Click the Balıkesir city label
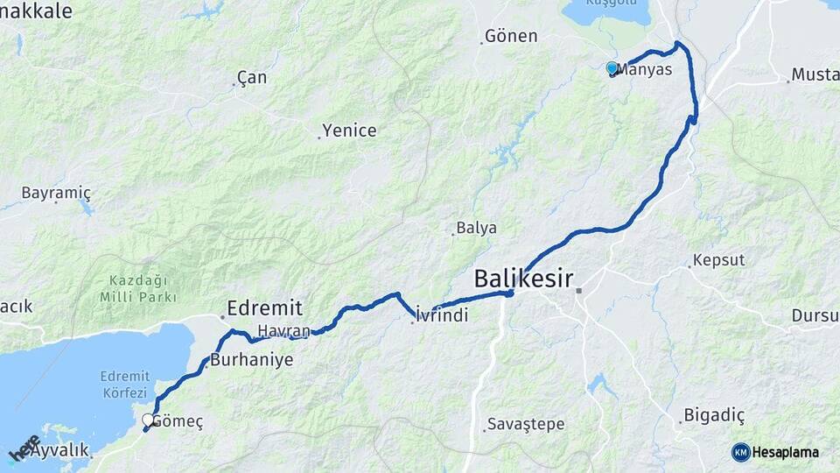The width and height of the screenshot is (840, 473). [x=523, y=279]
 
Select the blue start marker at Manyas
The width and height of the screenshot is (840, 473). [x=612, y=67]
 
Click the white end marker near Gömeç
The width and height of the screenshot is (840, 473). [x=148, y=420]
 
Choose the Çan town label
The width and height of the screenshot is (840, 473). [x=252, y=78]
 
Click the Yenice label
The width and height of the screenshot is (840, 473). [x=349, y=131]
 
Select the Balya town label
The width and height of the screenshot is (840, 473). [x=477, y=228]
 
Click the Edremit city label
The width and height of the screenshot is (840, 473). [x=264, y=307]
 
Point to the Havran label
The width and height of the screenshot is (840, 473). [x=284, y=330]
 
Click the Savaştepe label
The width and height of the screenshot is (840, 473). [x=526, y=424]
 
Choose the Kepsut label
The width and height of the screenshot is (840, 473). [x=718, y=260]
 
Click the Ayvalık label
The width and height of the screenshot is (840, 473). [x=60, y=450]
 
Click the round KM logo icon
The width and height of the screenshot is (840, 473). [x=740, y=452]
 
